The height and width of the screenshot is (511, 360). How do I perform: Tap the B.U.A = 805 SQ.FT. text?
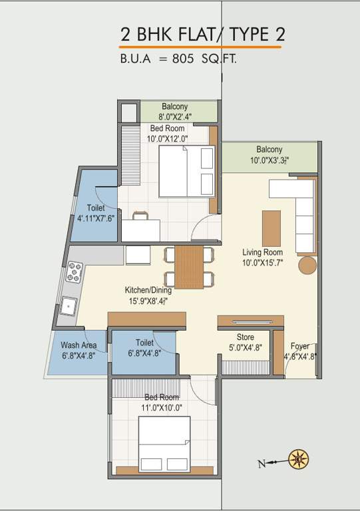point(178,59)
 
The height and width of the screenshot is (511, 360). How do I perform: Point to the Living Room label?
point(262,252)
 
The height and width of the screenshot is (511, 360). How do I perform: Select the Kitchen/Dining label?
point(148,290)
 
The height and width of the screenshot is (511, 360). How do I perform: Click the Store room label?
point(245,337)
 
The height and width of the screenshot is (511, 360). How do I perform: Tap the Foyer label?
point(299,346)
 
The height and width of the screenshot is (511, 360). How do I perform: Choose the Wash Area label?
point(79,345)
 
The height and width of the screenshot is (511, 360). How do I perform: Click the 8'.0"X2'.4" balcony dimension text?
point(174,116)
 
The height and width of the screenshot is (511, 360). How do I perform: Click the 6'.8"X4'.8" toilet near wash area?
point(144,353)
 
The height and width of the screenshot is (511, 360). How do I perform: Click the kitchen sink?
point(68,307)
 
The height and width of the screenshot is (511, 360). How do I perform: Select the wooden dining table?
point(190,266)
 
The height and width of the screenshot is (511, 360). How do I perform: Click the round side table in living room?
point(307,265)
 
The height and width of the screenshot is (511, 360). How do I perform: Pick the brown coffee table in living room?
point(271,228)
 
